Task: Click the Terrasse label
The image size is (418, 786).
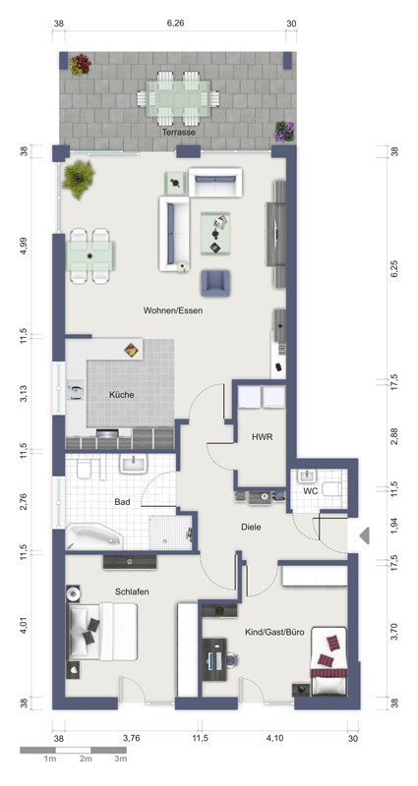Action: pos(178,133)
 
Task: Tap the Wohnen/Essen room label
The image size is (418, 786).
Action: pos(173,310)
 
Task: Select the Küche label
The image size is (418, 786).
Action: pos(121,395)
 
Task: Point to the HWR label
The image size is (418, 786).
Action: pos(262,437)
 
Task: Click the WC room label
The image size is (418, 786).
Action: pos(311,492)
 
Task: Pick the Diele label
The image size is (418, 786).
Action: pos(252,527)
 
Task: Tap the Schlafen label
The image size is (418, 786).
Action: pos(132,591)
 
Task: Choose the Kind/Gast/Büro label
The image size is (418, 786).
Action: pos(274,633)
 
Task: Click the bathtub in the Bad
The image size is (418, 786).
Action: pos(94,536)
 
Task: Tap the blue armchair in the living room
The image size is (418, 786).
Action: pos(215,283)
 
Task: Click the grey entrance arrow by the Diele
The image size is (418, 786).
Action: pos(365,535)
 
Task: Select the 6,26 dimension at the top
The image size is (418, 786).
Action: pos(176,23)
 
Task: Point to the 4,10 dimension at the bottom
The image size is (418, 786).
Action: pos(274,738)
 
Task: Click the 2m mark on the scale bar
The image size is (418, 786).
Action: pos(86,759)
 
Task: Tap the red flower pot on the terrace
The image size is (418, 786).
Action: pos(81,65)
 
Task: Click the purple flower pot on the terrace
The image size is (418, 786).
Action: pos(284,132)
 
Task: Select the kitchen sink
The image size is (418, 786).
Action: pos(77,389)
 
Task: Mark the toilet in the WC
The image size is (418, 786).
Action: pos(332,488)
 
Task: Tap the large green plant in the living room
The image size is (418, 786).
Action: pos(79,179)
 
